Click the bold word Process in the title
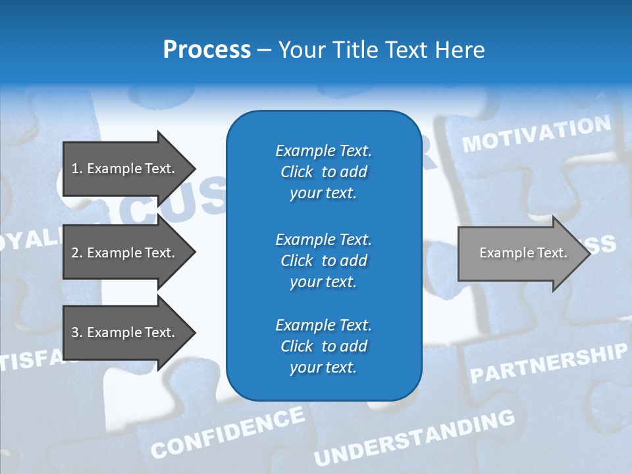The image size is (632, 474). [x=207, y=50]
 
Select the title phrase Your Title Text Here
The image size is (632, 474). [x=381, y=50]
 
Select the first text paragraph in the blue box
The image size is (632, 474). [x=323, y=172]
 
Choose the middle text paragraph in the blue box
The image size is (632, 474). [x=323, y=261]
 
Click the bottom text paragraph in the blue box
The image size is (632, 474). [x=323, y=346]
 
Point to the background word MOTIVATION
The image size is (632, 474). [x=537, y=134]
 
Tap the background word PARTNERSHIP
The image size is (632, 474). [x=548, y=363]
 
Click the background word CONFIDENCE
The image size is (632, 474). [x=228, y=432]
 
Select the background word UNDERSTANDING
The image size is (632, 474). [x=415, y=437]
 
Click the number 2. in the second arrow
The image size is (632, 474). [x=76, y=253]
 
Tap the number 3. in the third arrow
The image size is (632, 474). [x=76, y=332]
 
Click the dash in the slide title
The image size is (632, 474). [x=264, y=50]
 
